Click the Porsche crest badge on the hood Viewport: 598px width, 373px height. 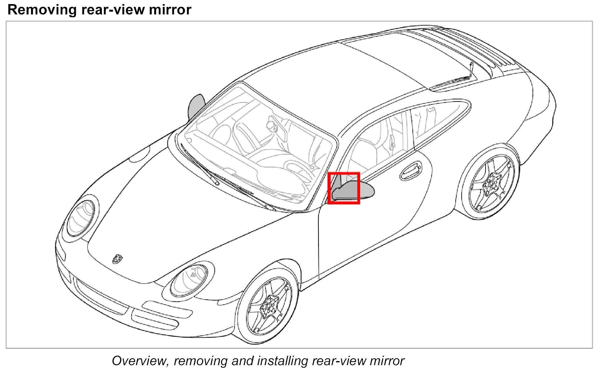(x=117, y=259)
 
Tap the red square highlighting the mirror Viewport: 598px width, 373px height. (x=344, y=188)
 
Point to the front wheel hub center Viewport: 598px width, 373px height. (x=269, y=306)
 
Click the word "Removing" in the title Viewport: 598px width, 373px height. (x=42, y=10)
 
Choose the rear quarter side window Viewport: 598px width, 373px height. (x=439, y=119)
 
